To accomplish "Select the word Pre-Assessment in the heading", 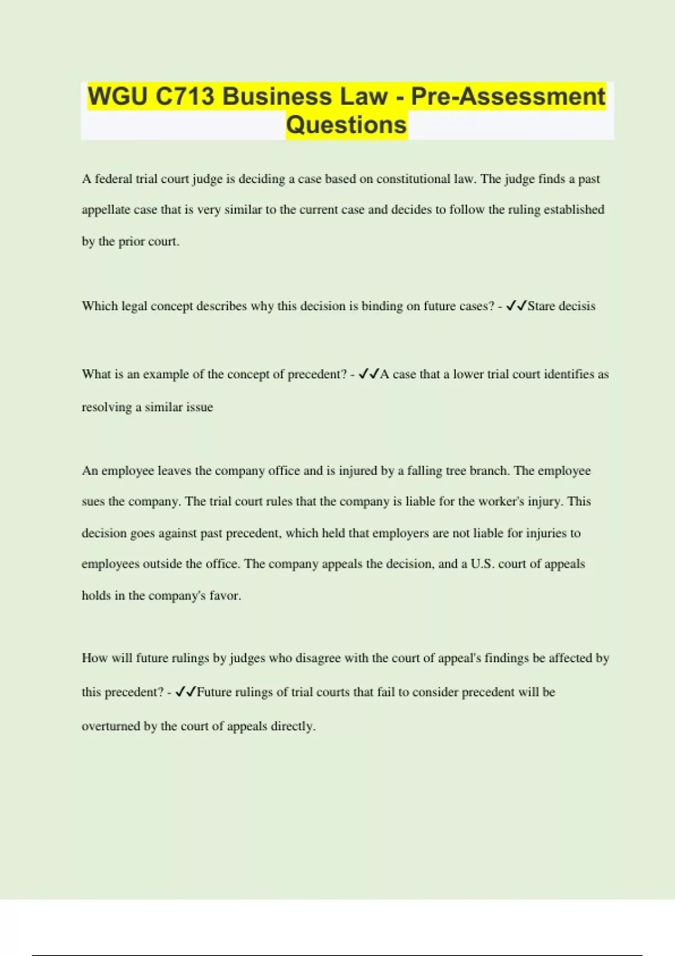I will (508, 97).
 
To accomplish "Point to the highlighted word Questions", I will (346, 125).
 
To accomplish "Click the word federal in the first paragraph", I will (113, 179).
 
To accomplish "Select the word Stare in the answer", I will (541, 306).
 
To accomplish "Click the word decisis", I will (577, 306).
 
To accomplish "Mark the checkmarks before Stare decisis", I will (516, 306).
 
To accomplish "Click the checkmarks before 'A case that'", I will (369, 374).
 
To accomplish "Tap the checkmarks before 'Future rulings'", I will (186, 692).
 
